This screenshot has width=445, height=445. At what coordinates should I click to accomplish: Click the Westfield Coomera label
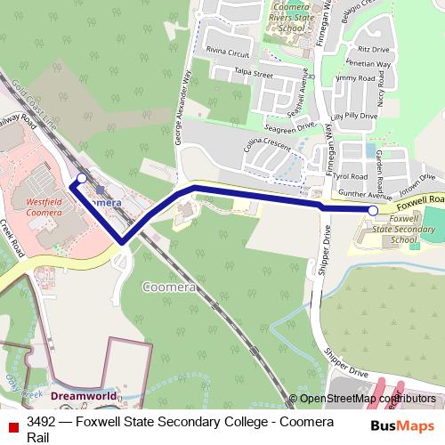[44, 207]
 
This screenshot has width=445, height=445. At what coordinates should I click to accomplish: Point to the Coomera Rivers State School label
[291, 18]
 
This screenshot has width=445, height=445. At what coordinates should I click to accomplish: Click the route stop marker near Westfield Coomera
[82, 179]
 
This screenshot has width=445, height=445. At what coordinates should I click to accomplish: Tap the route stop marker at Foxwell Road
[373, 210]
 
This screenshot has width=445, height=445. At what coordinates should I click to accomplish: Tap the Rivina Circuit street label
[223, 52]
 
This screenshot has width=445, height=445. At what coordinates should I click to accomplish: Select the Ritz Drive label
[374, 51]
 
